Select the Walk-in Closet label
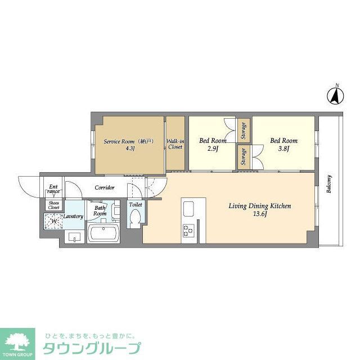click(x=175, y=144)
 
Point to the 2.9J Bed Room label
click(x=213, y=145)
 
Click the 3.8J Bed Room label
click(x=283, y=145)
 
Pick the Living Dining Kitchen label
click(x=259, y=210)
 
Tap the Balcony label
click(x=329, y=184)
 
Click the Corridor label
click(x=105, y=187)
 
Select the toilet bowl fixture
click(x=134, y=220)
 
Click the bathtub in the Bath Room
click(x=103, y=233)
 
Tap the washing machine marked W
click(x=54, y=221)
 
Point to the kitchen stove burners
click(x=188, y=230)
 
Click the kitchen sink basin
click(x=188, y=209)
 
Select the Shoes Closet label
click(x=53, y=205)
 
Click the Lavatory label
click(x=73, y=217)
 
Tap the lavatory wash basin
click(x=74, y=236)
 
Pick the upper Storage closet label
click(x=244, y=130)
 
